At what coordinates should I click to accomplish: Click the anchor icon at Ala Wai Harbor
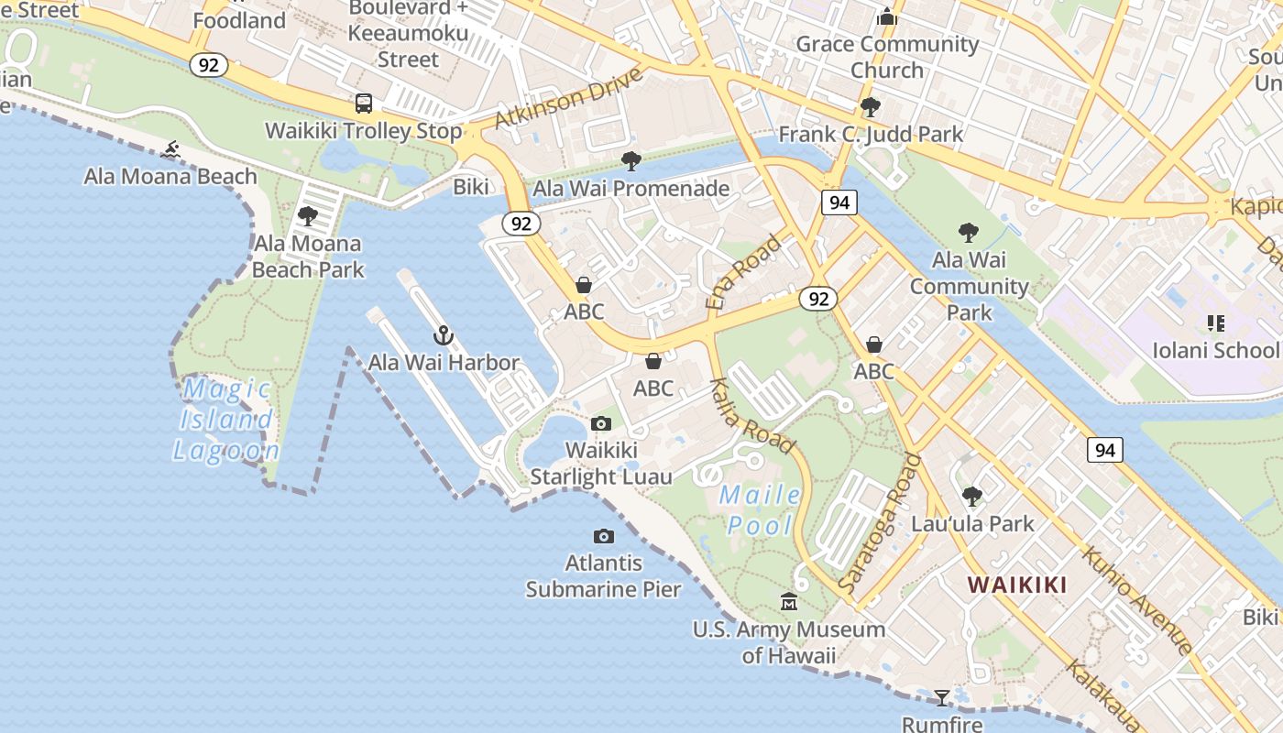(x=444, y=335)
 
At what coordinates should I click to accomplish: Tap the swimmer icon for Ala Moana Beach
(x=170, y=149)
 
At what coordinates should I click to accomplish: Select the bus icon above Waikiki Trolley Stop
(x=364, y=104)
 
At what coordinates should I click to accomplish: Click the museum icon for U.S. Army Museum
(x=788, y=602)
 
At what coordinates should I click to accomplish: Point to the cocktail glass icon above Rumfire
(x=941, y=698)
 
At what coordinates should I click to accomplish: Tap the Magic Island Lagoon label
(x=226, y=420)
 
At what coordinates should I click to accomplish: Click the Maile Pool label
(x=760, y=509)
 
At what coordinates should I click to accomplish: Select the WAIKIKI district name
(x=1017, y=585)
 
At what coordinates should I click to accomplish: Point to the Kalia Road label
(x=752, y=415)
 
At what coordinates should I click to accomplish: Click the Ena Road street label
(x=744, y=271)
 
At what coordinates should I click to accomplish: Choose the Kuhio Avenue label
(x=1136, y=600)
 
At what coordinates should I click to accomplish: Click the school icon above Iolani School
(x=1216, y=323)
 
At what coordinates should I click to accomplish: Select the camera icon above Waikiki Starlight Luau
(x=601, y=423)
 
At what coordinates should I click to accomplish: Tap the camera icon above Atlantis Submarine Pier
(x=603, y=536)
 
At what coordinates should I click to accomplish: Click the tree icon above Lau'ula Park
(x=971, y=497)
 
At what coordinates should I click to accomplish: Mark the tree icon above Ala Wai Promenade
(x=631, y=161)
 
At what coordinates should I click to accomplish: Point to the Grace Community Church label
(x=887, y=57)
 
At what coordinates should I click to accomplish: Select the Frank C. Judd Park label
(x=871, y=135)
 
